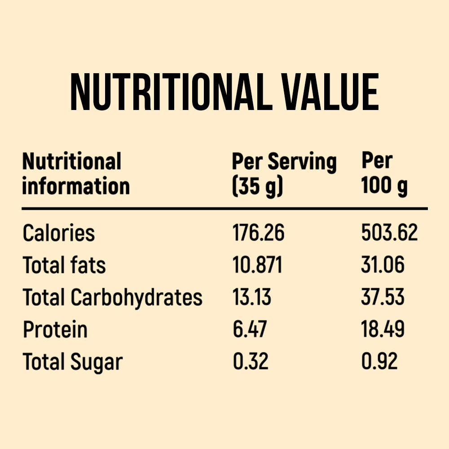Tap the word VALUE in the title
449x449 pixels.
tap(332, 93)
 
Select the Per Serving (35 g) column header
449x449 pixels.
tap(284, 174)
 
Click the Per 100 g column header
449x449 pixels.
tap(384, 174)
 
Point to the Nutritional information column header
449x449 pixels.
tap(76, 174)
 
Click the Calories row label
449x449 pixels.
tap(59, 233)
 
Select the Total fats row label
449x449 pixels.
tap(64, 265)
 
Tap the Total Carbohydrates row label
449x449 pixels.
tap(113, 297)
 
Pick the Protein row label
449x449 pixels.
tap(55, 330)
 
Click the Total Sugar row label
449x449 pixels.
tap(73, 362)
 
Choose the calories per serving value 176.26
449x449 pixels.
tap(259, 233)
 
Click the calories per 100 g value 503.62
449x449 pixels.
tap(389, 233)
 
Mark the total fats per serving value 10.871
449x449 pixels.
tap(257, 265)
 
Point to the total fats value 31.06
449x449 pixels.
tap(383, 265)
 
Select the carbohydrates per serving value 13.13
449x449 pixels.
tap(252, 297)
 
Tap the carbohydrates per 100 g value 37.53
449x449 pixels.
tap(383, 297)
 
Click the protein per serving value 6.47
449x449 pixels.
tap(250, 330)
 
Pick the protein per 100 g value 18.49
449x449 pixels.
tap(383, 330)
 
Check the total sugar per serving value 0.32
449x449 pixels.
tap(251, 362)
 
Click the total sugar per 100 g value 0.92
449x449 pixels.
tap(379, 362)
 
